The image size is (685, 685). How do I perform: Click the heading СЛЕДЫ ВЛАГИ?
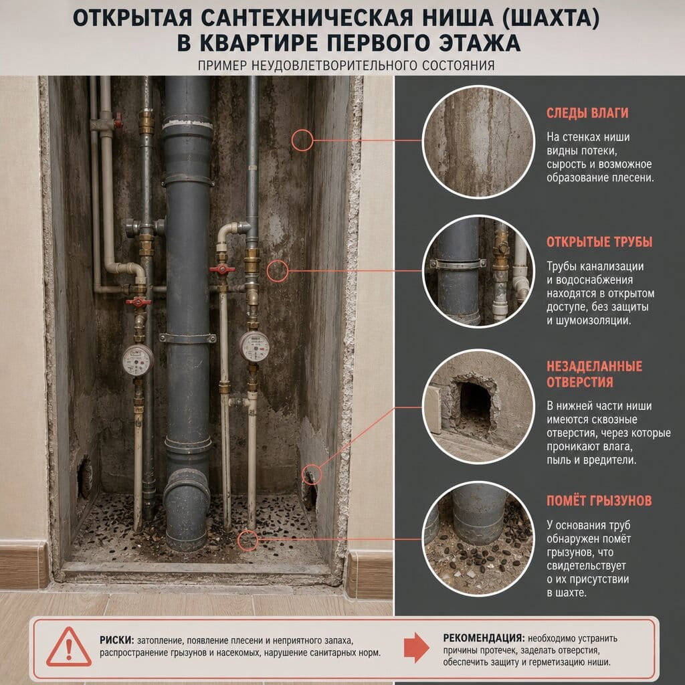tap(587, 112)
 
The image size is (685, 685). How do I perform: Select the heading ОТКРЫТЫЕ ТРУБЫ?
tap(599, 242)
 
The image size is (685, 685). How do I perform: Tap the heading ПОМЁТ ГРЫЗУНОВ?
tap(599, 500)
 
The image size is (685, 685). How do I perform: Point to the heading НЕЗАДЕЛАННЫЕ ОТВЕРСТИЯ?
tap(594, 374)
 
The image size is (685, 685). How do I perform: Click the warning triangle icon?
tap(69, 648)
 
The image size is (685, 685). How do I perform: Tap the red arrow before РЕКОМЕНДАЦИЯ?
tap(416, 647)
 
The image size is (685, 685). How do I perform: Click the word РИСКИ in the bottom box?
tap(116, 640)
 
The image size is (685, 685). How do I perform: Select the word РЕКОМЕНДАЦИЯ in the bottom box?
tap(483, 638)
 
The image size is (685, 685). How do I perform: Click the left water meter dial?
tap(138, 361)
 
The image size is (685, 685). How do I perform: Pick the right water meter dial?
tap(254, 347)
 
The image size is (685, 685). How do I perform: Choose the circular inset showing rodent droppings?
tap(478, 539)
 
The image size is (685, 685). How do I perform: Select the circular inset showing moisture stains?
tap(478, 142)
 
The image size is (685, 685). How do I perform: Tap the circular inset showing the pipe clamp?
tap(478, 271)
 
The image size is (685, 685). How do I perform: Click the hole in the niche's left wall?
tap(84, 478)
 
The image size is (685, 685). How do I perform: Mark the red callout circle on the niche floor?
tap(248, 541)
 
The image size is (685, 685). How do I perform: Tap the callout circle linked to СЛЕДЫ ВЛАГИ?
tap(302, 140)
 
